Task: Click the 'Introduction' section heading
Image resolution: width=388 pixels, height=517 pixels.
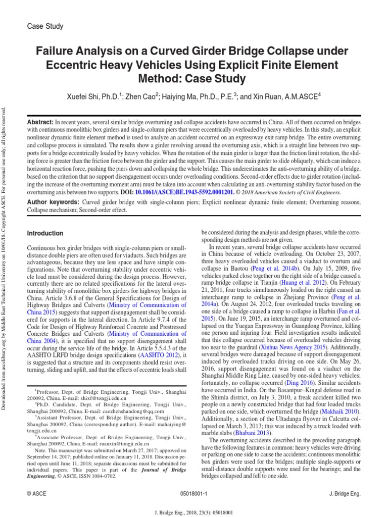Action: coord(45,233)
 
